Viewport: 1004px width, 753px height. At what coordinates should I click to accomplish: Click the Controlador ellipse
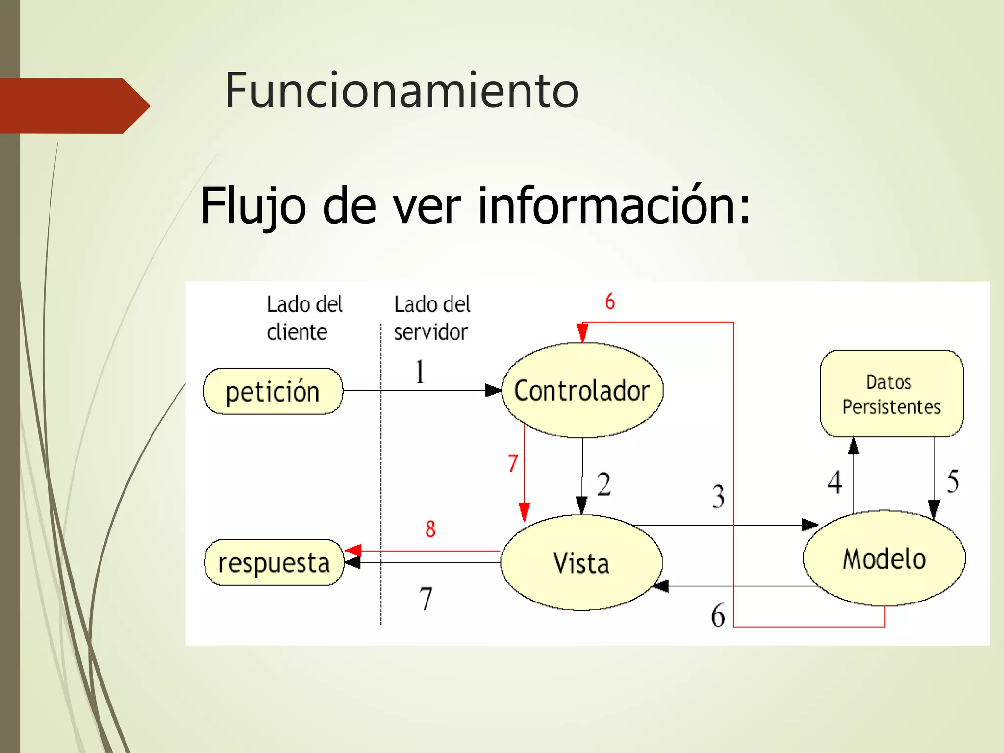[582, 390]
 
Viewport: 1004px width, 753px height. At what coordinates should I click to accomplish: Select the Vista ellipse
[581, 563]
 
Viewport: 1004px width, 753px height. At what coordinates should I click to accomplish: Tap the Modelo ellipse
[884, 558]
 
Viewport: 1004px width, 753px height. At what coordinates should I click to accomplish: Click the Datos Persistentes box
[892, 394]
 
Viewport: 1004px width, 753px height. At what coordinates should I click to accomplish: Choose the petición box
[273, 392]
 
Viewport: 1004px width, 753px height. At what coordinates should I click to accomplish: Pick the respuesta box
[274, 563]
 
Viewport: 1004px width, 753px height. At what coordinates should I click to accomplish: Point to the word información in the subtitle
[613, 205]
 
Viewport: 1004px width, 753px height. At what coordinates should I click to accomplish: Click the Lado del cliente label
[304, 318]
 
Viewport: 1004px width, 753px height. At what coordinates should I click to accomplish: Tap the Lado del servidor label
[432, 318]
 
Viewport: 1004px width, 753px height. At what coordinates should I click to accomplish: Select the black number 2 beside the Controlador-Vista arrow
[604, 484]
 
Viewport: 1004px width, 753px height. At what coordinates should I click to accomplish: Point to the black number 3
[718, 496]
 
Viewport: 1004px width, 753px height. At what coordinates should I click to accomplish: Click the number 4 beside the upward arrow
[835, 482]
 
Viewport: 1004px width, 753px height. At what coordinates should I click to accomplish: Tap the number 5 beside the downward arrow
[953, 481]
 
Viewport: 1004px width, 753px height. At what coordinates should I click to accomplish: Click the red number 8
[430, 529]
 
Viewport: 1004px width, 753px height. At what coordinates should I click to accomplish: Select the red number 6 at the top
[610, 301]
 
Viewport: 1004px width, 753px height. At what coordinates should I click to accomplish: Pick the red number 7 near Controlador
[513, 463]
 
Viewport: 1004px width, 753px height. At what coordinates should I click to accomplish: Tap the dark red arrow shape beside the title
[74, 106]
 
